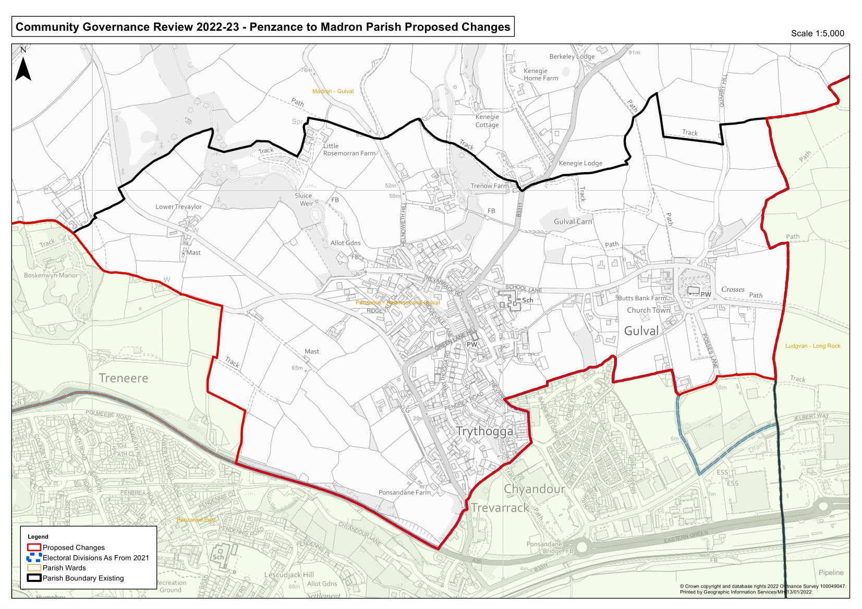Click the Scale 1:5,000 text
click(817, 33)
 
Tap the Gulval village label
click(641, 331)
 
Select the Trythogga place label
click(485, 431)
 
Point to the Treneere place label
click(124, 377)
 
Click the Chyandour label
click(534, 489)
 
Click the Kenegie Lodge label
click(580, 163)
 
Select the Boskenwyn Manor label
click(51, 275)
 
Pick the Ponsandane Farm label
click(405, 492)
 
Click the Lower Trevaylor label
click(178, 207)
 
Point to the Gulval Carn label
click(573, 222)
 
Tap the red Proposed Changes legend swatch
click(34, 547)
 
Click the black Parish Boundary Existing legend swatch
click(34, 578)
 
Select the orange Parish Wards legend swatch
click(34, 568)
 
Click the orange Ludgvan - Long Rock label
click(812, 346)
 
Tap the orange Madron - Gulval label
click(333, 91)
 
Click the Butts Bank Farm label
click(641, 298)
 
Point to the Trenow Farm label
click(489, 186)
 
